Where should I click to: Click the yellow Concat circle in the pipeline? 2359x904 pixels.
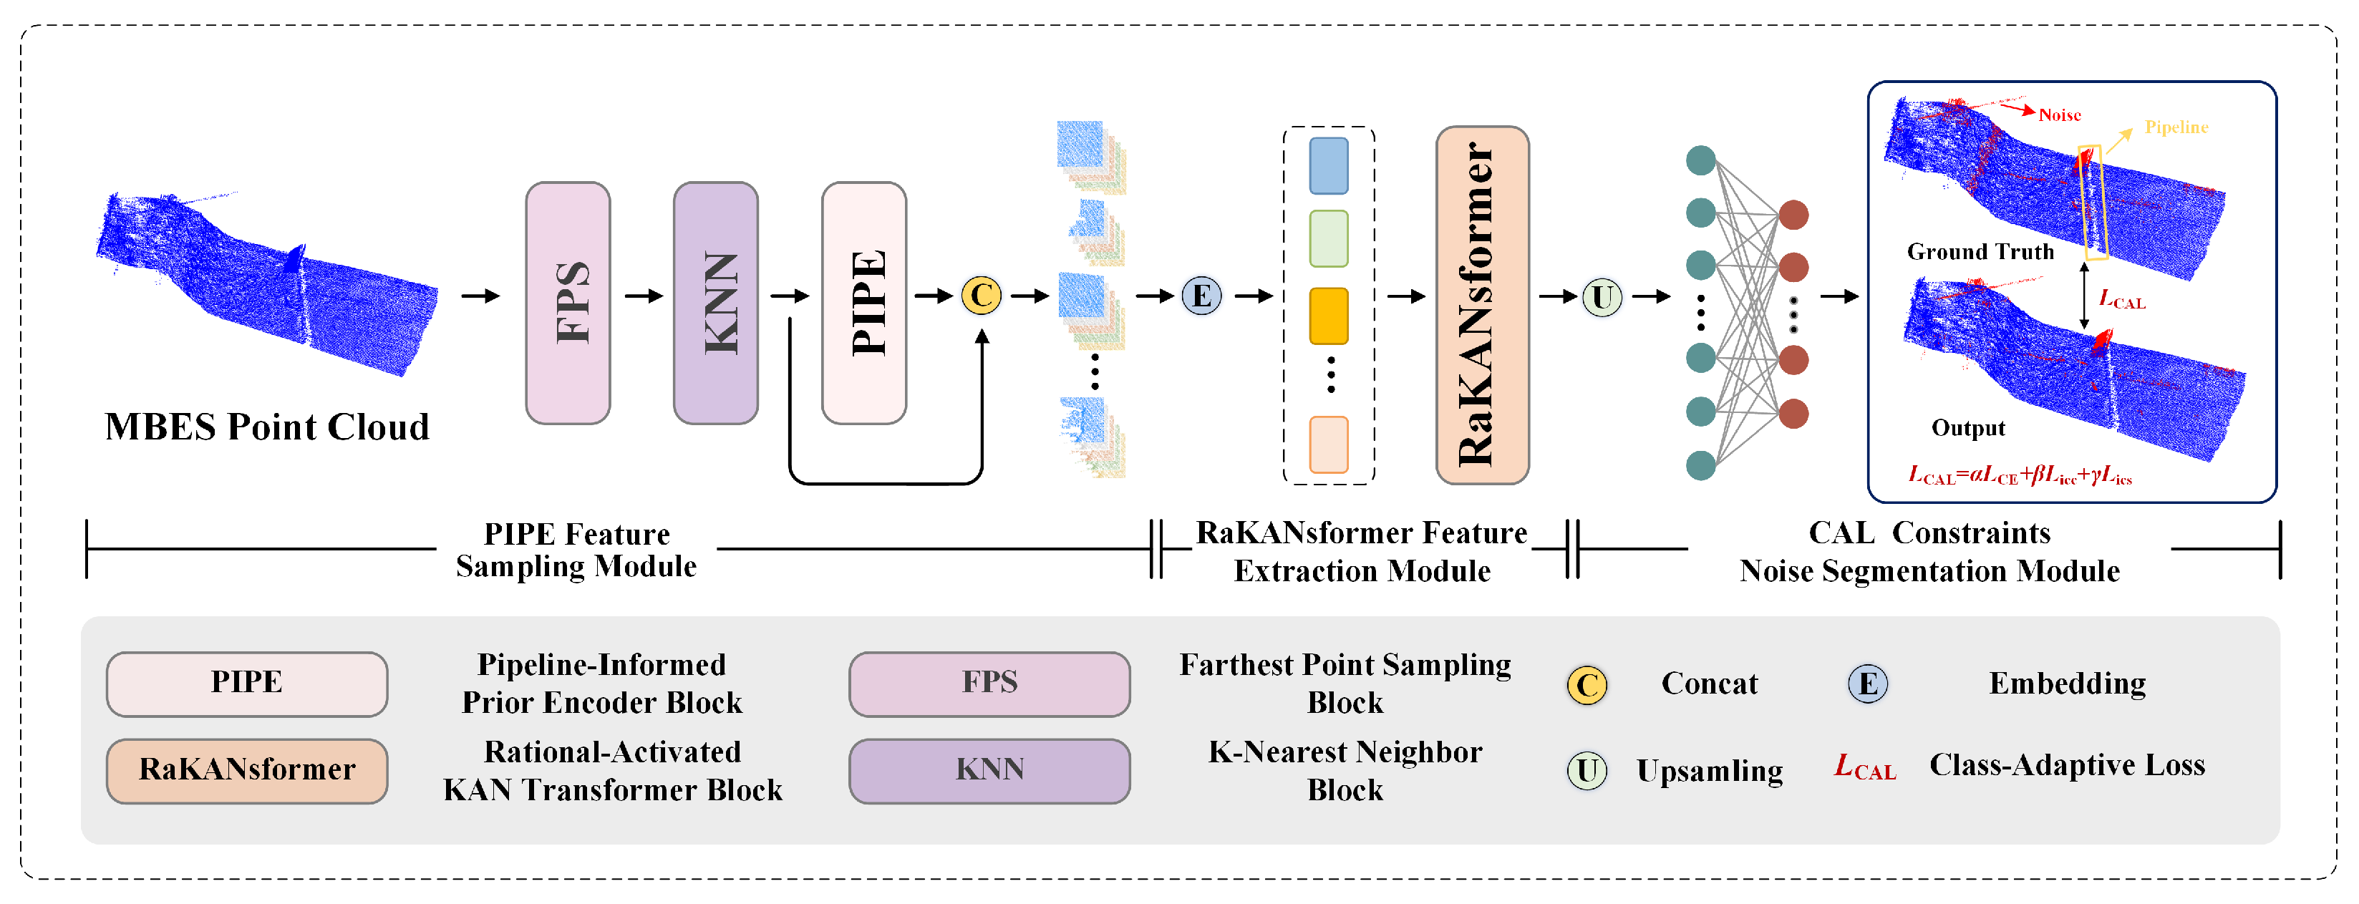tap(981, 296)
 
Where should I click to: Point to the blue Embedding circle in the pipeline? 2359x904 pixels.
tap(1201, 296)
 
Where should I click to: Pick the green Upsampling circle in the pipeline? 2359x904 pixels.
tap(1602, 298)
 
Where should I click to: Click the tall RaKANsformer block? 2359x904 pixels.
tap(1482, 305)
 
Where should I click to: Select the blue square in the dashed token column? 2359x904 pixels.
tap(1328, 166)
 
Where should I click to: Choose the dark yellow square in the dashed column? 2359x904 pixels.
tap(1328, 316)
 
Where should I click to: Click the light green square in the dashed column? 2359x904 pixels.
tap(1328, 238)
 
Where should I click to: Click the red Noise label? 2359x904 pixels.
tap(2060, 115)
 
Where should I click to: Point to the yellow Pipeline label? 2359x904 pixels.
tap(2176, 127)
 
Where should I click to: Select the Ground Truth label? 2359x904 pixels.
tap(1980, 252)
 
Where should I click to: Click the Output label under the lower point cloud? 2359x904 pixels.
tap(1968, 428)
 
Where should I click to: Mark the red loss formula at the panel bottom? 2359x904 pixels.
tap(2019, 475)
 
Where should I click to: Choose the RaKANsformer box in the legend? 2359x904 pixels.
tap(246, 770)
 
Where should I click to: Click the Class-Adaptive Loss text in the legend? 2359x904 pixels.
tap(2067, 764)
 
